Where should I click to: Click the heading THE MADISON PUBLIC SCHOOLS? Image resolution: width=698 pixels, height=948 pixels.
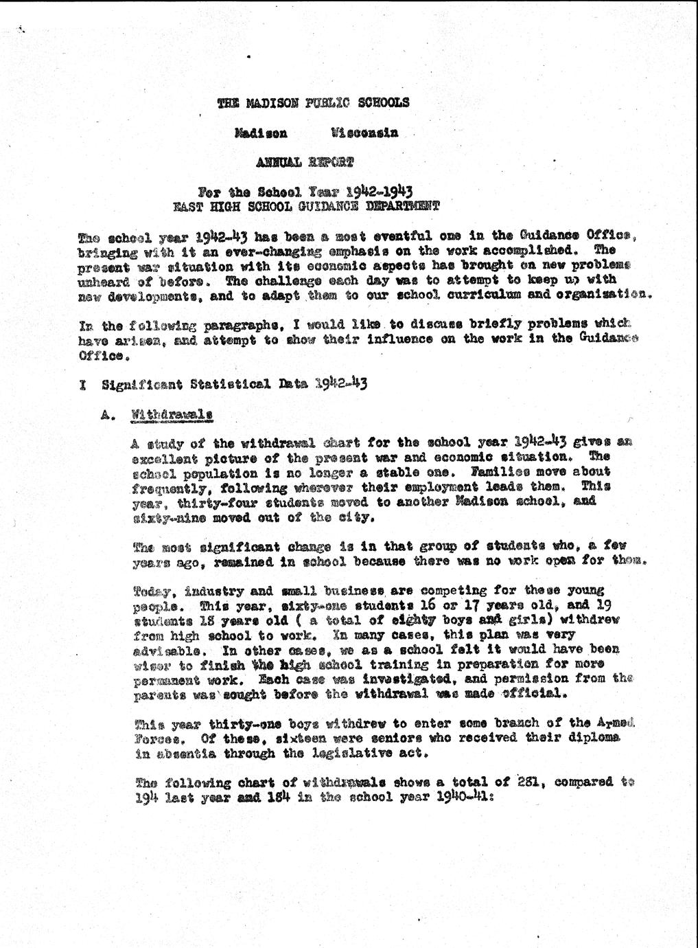pyautogui.click(x=313, y=103)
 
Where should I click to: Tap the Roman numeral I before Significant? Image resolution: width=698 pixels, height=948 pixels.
pyautogui.click(x=82, y=385)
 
